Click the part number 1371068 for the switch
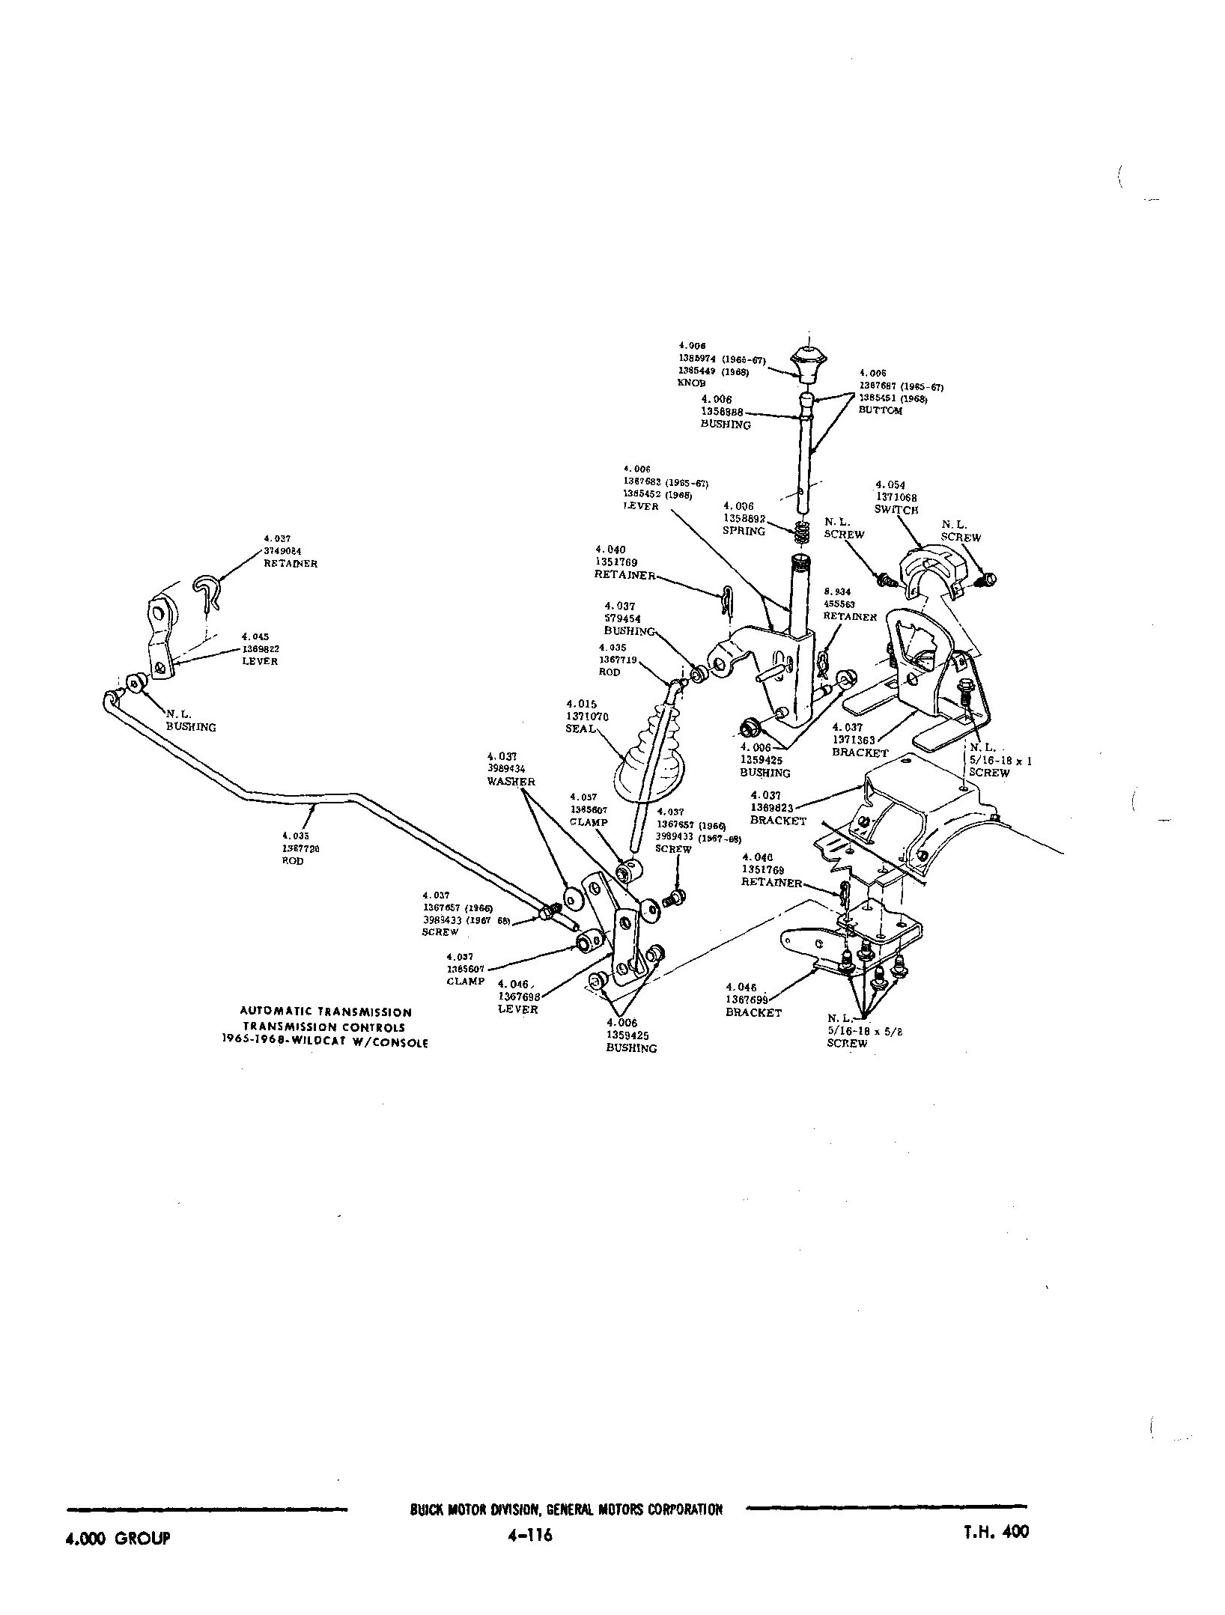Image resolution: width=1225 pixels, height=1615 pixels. tap(896, 497)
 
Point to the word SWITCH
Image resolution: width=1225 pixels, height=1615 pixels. tap(896, 510)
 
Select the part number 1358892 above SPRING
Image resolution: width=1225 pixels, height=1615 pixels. tap(744, 518)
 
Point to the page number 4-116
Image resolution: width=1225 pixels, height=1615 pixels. tap(529, 1535)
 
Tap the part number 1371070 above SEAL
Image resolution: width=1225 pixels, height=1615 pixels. tap(587, 717)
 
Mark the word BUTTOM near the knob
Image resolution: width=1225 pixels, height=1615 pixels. tap(881, 410)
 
